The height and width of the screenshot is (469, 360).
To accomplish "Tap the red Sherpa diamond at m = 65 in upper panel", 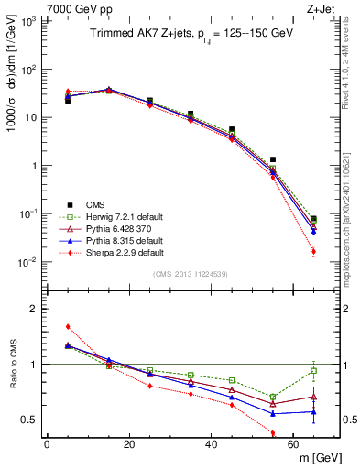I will [313, 251].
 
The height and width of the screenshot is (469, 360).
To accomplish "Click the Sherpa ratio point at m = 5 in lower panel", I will [68, 326].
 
